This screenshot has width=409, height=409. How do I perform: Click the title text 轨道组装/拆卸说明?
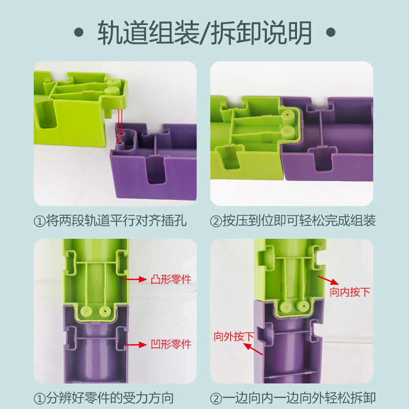tap(205, 33)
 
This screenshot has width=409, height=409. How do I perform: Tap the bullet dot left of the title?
tap(79, 32)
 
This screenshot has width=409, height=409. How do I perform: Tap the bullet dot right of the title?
tap(331, 32)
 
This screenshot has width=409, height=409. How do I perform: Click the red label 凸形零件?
tap(171, 279)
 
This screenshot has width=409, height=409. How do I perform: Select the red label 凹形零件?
tap(171, 344)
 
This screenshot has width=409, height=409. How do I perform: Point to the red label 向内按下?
tap(350, 292)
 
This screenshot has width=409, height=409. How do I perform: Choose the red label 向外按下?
tap(234, 336)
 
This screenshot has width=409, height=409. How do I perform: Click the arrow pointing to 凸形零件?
tap(135, 279)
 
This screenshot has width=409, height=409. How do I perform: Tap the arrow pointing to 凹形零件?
tap(135, 345)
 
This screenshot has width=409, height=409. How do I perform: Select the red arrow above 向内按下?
tap(328, 280)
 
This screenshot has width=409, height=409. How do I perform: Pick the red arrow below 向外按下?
tap(253, 349)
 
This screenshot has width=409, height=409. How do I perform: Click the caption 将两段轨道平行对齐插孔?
tap(117, 221)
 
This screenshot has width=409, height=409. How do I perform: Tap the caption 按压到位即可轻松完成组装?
tap(299, 221)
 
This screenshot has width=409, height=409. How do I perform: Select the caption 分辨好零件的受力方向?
tap(110, 398)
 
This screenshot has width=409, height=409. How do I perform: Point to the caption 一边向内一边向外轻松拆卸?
tap(299, 398)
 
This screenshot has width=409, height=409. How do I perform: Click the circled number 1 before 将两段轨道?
tap(40, 221)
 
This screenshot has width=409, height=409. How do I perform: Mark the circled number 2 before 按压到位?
tap(216, 221)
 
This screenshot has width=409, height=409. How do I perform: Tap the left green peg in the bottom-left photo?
tap(86, 310)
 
